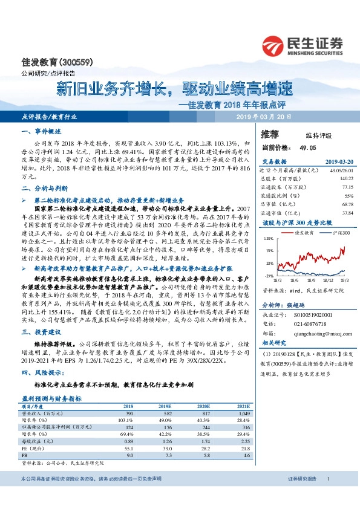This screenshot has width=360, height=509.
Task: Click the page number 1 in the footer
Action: [327, 479]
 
